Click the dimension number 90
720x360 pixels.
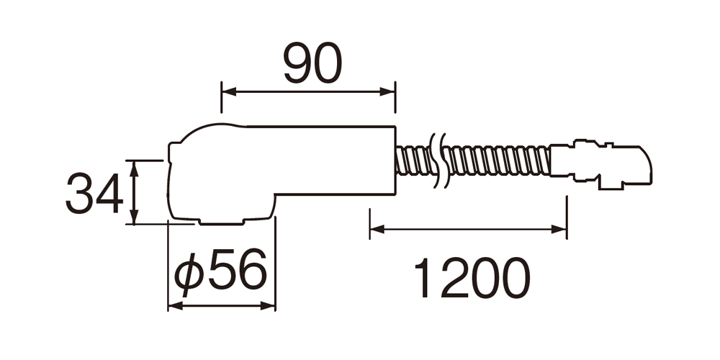pyautogui.click(x=312, y=63)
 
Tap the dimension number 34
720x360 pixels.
pyautogui.click(x=94, y=193)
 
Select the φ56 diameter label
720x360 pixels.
pyautogui.click(x=220, y=272)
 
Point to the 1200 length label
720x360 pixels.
pyautogui.click(x=472, y=277)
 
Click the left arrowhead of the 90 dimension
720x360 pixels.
pyautogui.click(x=229, y=92)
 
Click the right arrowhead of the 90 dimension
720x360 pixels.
pyautogui.click(x=387, y=92)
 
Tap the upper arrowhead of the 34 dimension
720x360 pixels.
pyautogui.click(x=134, y=168)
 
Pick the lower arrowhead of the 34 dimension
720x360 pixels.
pyautogui.click(x=134, y=217)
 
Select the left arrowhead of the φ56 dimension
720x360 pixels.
pyautogui.click(x=176, y=305)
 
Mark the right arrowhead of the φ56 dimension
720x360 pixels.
pyautogui.click(x=268, y=305)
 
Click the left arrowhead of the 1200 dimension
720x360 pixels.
pyautogui.click(x=377, y=229)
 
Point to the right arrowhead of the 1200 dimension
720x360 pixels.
pyautogui.click(x=559, y=229)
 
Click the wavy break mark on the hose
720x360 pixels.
pyautogui.click(x=438, y=161)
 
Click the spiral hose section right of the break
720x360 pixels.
pyautogui.click(x=498, y=161)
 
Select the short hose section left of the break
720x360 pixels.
pyautogui.click(x=413, y=161)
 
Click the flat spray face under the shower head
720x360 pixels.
pyautogui.click(x=221, y=222)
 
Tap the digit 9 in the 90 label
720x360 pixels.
pyautogui.click(x=297, y=63)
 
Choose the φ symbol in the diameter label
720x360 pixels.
pyautogui.click(x=188, y=274)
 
